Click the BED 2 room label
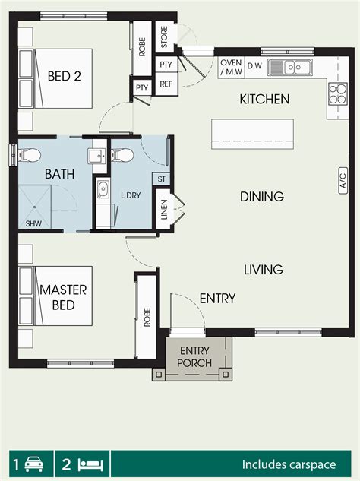pos(64,76)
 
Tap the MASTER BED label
pos(64,297)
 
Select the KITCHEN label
pos(264,100)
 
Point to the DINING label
pos(262,197)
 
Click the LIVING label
pos(264,270)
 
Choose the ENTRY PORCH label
pos(196,356)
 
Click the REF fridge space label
pos(166,84)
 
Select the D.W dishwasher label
pos(254,67)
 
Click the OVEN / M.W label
pos(230,67)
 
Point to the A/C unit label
pos(343,182)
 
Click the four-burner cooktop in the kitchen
pos(336,95)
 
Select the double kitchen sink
pos(296,67)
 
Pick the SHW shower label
pos(33,224)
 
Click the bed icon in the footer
pos(90,463)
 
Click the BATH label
pos(59,175)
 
